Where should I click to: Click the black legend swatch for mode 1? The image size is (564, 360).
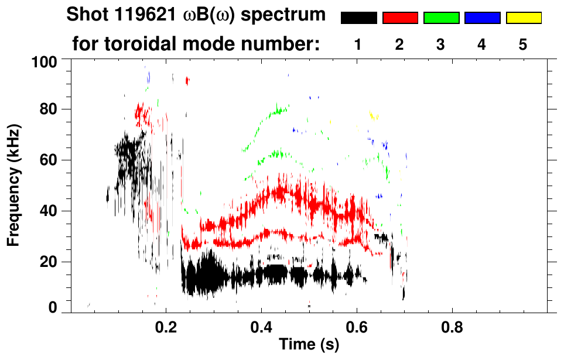(x=358, y=18)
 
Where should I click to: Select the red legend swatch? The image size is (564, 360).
(x=400, y=18)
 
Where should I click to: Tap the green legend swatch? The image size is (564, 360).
(x=441, y=18)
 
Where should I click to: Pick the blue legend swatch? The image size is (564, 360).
(x=482, y=18)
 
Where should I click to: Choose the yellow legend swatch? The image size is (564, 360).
(x=524, y=18)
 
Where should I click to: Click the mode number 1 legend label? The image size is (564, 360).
(x=358, y=44)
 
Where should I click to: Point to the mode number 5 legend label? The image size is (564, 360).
(x=523, y=44)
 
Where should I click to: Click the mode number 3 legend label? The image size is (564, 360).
(x=440, y=44)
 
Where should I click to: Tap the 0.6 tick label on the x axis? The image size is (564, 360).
(x=356, y=328)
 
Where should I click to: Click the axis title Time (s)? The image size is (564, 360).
(x=309, y=345)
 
